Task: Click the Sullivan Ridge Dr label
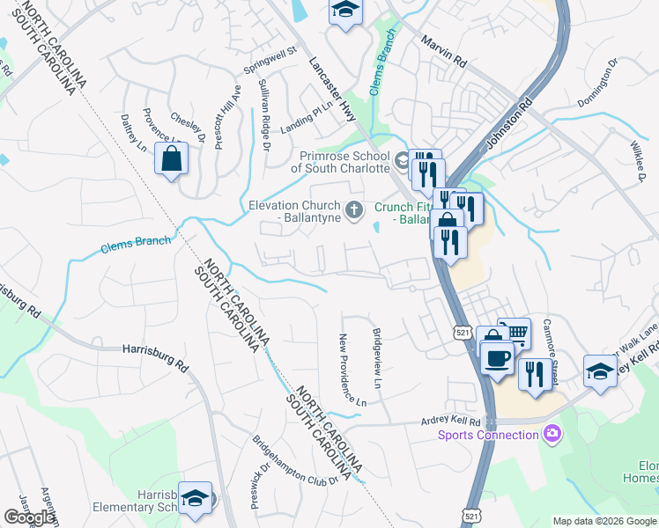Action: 263,114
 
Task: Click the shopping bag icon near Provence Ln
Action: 171,159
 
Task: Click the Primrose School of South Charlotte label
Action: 340,161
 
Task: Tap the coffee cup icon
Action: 498,359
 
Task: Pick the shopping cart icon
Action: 515,333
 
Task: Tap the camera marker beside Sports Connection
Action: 552,433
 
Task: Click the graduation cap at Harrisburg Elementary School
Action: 195,497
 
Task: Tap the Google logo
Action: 30,517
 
